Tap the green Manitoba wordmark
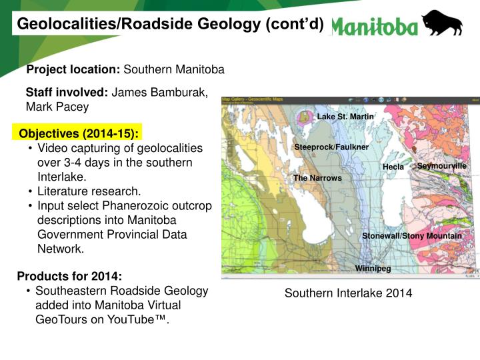point(375,26)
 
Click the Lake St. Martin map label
point(345,117)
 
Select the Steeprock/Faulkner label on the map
point(331,147)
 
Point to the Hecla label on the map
point(393,167)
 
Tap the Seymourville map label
point(441,165)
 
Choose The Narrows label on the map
point(317,178)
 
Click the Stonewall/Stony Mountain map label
point(411,236)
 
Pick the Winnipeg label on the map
point(373,269)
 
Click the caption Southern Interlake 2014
point(348,293)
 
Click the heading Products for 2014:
point(69,276)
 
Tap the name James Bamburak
point(159,93)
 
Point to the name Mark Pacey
point(57,107)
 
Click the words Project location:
point(73,69)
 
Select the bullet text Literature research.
point(89,191)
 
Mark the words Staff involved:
point(67,93)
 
